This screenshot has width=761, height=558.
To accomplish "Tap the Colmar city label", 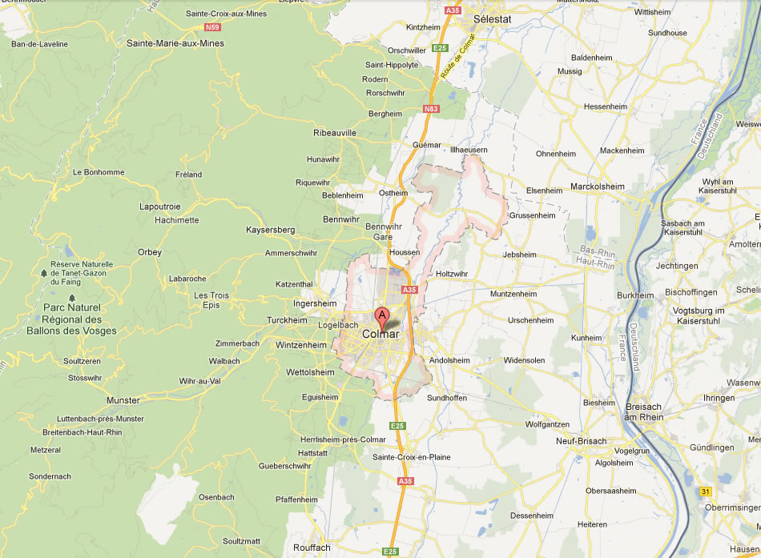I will pos(381,334).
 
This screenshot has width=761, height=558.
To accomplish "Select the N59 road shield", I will pos(211,26).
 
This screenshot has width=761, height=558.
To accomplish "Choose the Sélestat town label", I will pos(492,17).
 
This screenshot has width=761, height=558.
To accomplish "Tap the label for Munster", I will pos(123,400).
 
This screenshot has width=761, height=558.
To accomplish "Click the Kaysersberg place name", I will pos(270,230).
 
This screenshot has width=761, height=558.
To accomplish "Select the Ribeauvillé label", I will pos(334,133).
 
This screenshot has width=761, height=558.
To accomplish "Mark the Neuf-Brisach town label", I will pos(581,441).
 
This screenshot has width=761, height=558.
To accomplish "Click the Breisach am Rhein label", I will pos(644,411).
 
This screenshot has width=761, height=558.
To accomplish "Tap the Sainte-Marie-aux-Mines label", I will pos(175,43).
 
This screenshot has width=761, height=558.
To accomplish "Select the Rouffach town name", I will pos(312,548).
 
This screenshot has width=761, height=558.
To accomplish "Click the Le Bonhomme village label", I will pos(99,172).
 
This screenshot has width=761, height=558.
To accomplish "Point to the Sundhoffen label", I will pos(447,398).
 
